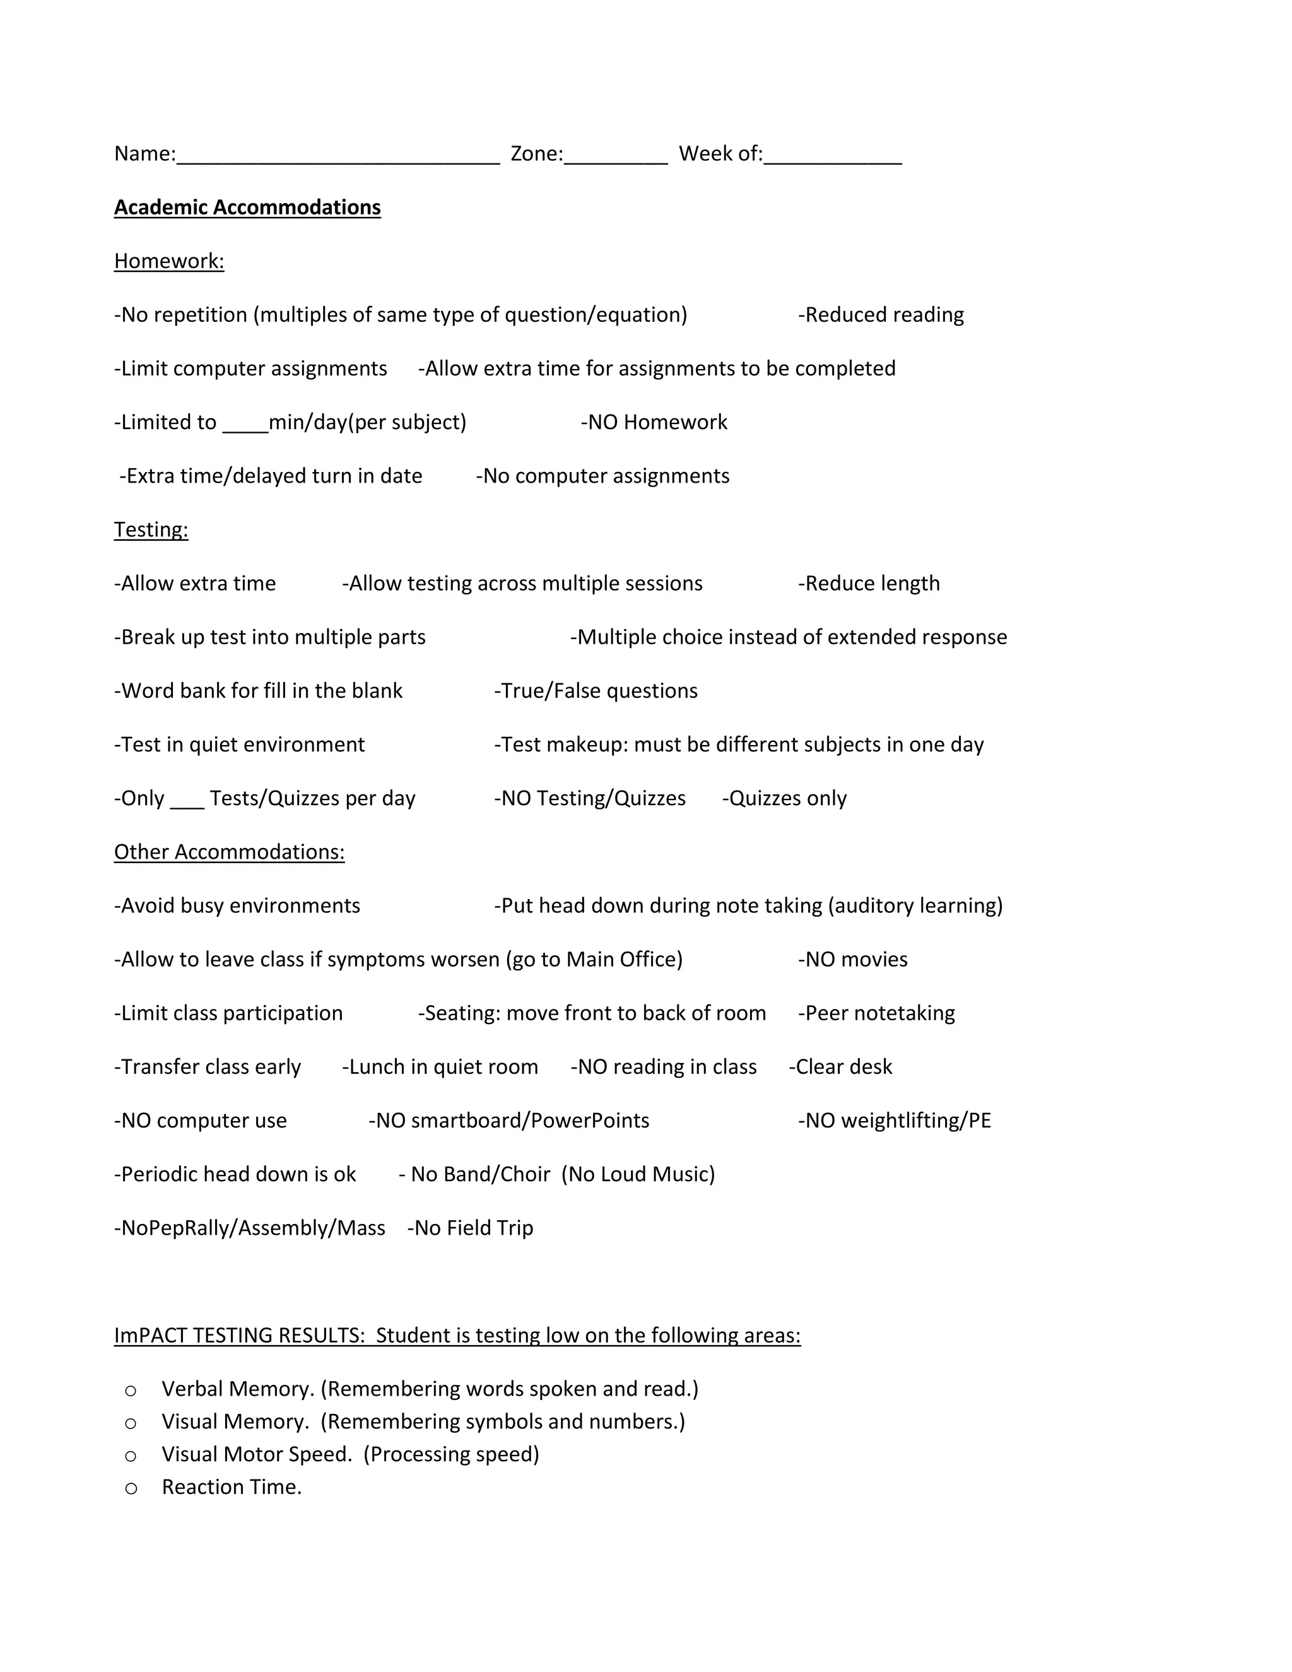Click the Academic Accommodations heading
click(x=247, y=208)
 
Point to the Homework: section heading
click(x=169, y=261)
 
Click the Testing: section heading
click(x=151, y=530)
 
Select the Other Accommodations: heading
click(x=230, y=852)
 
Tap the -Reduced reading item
click(x=881, y=315)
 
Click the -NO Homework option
click(x=654, y=423)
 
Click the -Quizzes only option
click(x=785, y=799)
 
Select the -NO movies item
click(x=853, y=960)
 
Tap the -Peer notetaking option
click(x=876, y=1014)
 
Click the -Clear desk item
click(x=840, y=1067)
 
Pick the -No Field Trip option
click(x=470, y=1228)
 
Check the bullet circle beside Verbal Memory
click(x=131, y=1390)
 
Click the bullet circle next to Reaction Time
click(x=131, y=1488)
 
